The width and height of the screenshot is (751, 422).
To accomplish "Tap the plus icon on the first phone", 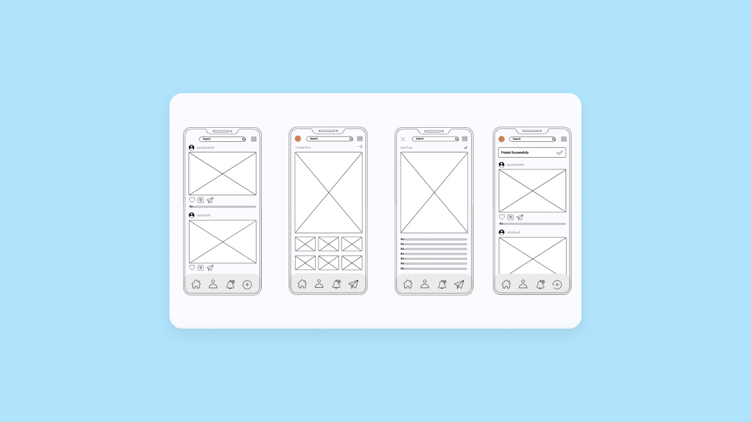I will click(247, 284).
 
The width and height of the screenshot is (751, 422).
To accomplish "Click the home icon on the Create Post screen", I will click(302, 284).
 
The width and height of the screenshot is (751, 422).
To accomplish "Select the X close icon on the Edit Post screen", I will click(403, 139).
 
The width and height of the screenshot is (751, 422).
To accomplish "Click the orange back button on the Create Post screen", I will click(298, 139).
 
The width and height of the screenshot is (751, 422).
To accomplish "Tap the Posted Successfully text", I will click(515, 152).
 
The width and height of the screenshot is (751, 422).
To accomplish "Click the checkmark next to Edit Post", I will click(466, 148).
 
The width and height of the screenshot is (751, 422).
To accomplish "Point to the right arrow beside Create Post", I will click(360, 147).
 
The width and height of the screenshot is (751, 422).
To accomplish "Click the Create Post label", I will click(303, 148).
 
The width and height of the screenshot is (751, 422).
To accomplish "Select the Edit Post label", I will click(407, 148).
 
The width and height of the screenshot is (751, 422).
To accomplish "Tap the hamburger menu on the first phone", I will click(253, 139).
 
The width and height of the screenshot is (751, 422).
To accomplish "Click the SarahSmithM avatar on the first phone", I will click(192, 148).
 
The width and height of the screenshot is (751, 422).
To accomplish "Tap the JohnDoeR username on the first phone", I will click(203, 215).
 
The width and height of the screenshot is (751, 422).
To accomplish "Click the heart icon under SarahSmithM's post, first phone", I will click(192, 200).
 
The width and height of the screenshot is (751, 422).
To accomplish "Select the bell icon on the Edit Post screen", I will click(442, 284).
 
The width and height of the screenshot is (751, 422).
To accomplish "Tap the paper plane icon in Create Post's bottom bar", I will click(353, 284).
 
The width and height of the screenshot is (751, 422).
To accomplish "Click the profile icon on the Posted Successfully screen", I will click(523, 284).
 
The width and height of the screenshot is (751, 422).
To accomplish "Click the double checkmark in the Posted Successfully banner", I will click(560, 152).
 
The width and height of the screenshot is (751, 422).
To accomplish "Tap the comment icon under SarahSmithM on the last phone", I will click(510, 217).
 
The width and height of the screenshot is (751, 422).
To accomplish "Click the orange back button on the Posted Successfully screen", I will click(502, 139).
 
